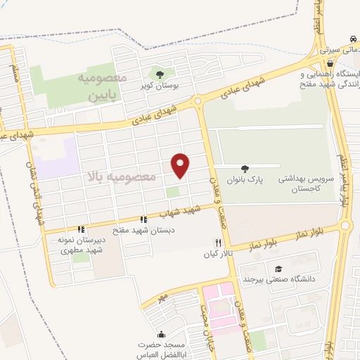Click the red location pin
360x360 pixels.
[x=181, y=165]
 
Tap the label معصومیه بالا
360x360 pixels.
[x=119, y=174]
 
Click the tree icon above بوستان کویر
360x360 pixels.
[x=160, y=73]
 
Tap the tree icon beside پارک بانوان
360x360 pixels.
[x=244, y=168]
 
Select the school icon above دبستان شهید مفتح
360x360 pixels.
[x=144, y=220]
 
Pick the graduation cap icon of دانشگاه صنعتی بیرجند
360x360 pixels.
[x=279, y=269]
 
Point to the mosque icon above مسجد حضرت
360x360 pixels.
[x=162, y=335]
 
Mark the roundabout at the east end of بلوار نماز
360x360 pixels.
[x=345, y=226]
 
